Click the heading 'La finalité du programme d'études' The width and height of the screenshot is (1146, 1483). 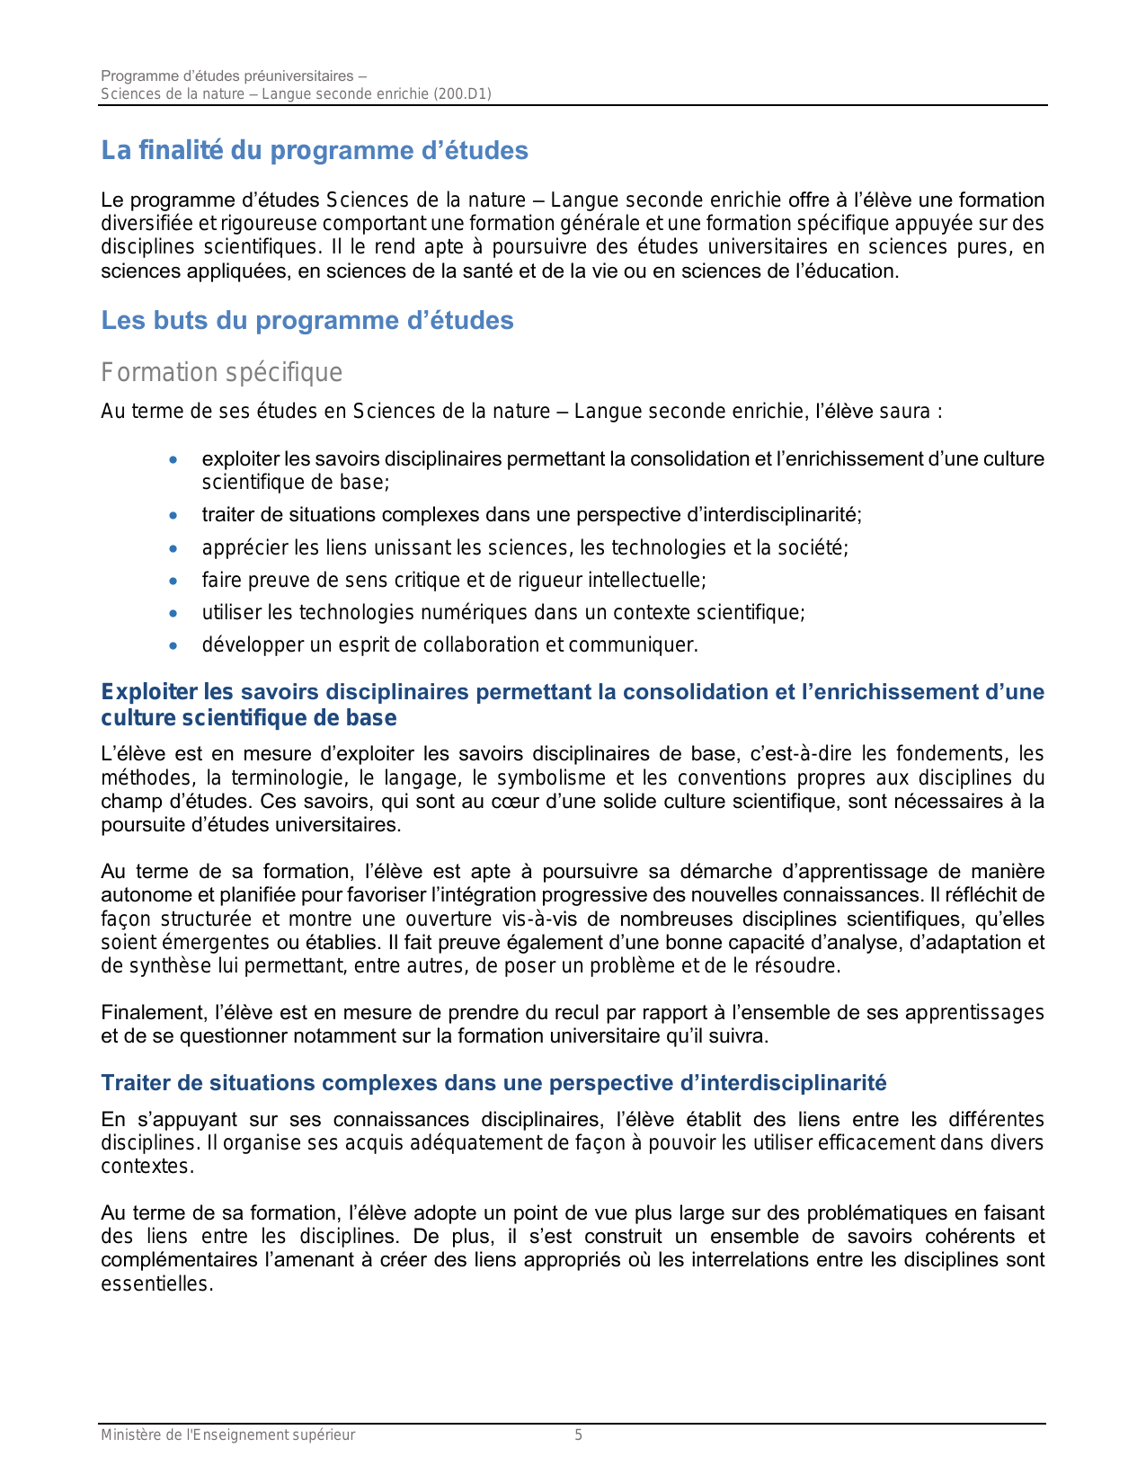pyautogui.click(x=314, y=151)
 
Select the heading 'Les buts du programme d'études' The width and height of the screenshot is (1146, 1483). pyautogui.click(x=306, y=321)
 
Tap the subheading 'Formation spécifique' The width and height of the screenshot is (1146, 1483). pyautogui.click(x=221, y=372)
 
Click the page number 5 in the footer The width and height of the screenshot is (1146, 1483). pyautogui.click(x=579, y=1435)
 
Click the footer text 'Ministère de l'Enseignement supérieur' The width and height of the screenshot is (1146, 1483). pyautogui.click(x=227, y=1435)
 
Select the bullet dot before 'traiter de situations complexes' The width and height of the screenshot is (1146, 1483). pyautogui.click(x=173, y=516)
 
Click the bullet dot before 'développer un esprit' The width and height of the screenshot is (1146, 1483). pyautogui.click(x=173, y=645)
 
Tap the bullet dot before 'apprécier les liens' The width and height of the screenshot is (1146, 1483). pyautogui.click(x=173, y=548)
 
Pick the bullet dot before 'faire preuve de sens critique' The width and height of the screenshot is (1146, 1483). pyautogui.click(x=173, y=581)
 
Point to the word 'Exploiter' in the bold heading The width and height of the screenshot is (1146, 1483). pyautogui.click(x=148, y=692)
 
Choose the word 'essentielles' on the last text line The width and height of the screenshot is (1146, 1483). pyautogui.click(x=155, y=1283)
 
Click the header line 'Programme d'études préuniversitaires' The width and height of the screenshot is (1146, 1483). pyautogui.click(x=233, y=75)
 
